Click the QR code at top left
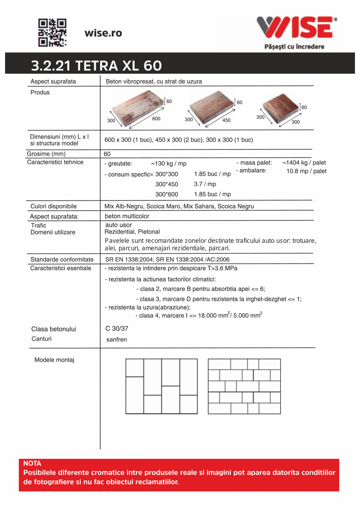pyautogui.click(x=52, y=33)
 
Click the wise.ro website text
pyautogui.click(x=103, y=33)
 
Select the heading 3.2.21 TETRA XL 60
pyautogui.click(x=96, y=65)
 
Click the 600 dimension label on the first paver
pyautogui.click(x=156, y=119)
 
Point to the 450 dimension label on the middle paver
pyautogui.click(x=226, y=120)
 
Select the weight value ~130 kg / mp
pyautogui.click(x=168, y=164)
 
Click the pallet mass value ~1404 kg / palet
pyautogui.click(x=304, y=162)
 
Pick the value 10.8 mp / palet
pyautogui.click(x=306, y=171)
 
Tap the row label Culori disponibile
pyautogui.click(x=54, y=206)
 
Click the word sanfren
pyautogui.click(x=117, y=339)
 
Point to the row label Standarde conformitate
pyautogui.click(x=62, y=259)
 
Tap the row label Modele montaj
pyautogui.click(x=54, y=360)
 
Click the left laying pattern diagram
pyautogui.click(x=162, y=386)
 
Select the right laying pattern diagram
pyautogui.click(x=244, y=386)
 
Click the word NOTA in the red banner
pyautogui.click(x=32, y=464)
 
